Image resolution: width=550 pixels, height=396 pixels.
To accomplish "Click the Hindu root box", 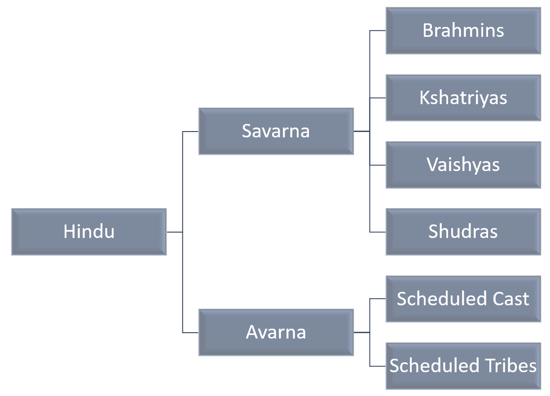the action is click(x=89, y=232).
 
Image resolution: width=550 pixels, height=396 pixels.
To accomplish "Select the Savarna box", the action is click(x=276, y=131).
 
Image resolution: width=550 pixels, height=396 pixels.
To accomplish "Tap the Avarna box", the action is click(x=276, y=332).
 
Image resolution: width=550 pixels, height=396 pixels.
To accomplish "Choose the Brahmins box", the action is click(x=463, y=31).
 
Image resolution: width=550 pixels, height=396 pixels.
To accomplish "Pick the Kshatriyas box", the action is click(x=463, y=98).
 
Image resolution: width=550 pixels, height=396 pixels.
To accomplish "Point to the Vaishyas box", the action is click(x=463, y=165).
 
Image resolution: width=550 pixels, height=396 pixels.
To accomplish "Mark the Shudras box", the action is click(x=463, y=232).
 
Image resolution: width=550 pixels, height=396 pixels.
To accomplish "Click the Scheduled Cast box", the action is click(x=463, y=299).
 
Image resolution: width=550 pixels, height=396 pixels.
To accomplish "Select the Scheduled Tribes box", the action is click(x=463, y=366).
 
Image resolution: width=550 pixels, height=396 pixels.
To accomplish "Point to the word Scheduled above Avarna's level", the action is click(x=435, y=299).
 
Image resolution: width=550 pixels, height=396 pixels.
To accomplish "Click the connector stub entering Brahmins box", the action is click(x=378, y=31).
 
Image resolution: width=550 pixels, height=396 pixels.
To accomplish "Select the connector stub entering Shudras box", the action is click(x=378, y=232).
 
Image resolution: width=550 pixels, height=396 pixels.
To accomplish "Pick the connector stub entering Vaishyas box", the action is click(x=378, y=165).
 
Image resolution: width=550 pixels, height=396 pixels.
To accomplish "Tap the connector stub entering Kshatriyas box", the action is click(x=378, y=98).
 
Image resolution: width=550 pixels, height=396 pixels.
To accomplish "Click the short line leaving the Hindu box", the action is click(x=175, y=232).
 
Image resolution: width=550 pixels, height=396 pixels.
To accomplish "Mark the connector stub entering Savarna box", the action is click(x=190, y=132).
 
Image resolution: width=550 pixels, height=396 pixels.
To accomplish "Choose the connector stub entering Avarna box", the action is click(x=190, y=333).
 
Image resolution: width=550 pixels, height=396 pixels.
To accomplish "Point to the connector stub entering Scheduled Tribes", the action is click(x=378, y=366).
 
